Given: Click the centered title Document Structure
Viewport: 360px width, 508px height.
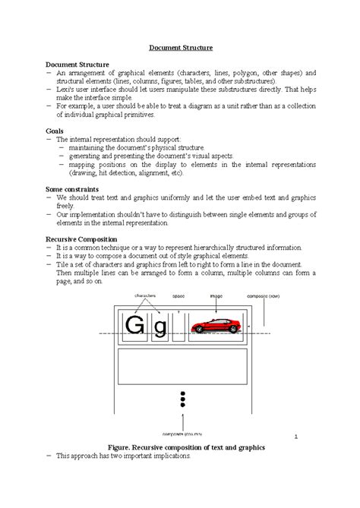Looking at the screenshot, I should point(179,46).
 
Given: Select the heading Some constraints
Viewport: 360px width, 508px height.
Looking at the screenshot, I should point(74,188).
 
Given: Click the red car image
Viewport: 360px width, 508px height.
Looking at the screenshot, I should point(219,326).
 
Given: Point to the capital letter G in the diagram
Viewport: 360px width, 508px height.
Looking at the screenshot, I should point(134,327).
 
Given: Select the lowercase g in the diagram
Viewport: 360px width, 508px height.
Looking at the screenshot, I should point(159,328).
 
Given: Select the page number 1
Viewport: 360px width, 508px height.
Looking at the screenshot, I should point(295,437).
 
